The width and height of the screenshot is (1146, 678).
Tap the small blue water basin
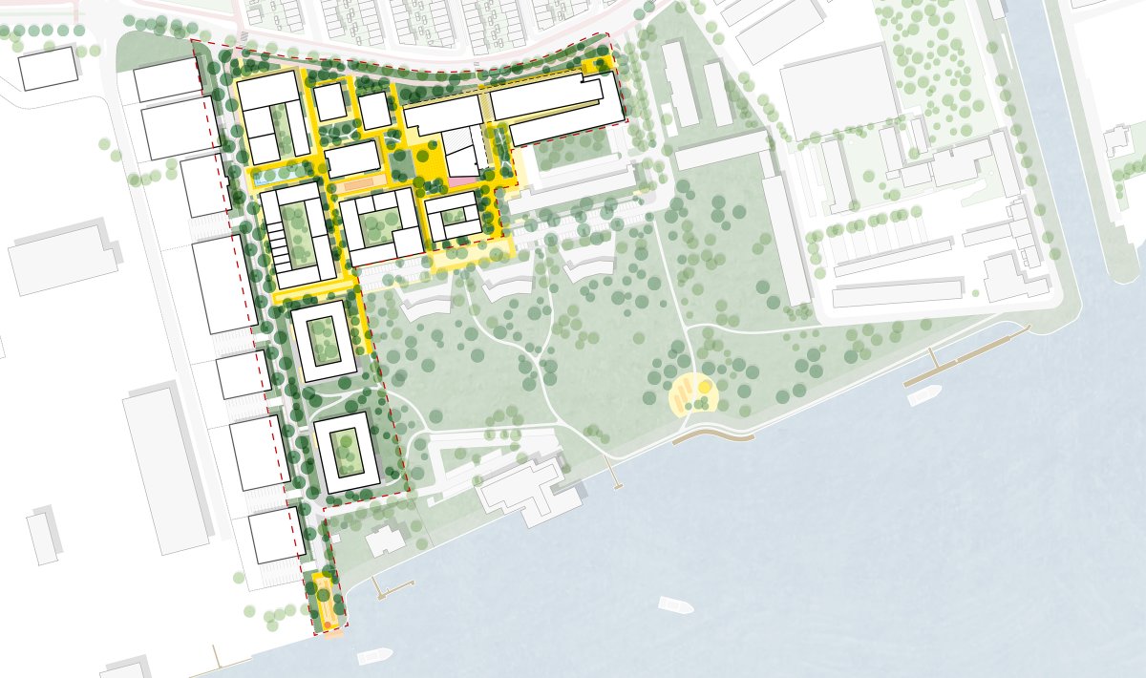(260, 179)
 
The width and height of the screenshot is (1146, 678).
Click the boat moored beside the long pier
(924, 394)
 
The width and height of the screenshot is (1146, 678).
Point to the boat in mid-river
(676, 605)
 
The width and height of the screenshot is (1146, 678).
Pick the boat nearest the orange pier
(374, 656)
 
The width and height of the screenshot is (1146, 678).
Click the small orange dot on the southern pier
(327, 625)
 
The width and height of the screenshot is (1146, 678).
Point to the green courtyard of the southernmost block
(345, 455)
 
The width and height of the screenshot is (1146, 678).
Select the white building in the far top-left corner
(47, 67)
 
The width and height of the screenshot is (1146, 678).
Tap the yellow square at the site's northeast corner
(599, 65)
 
